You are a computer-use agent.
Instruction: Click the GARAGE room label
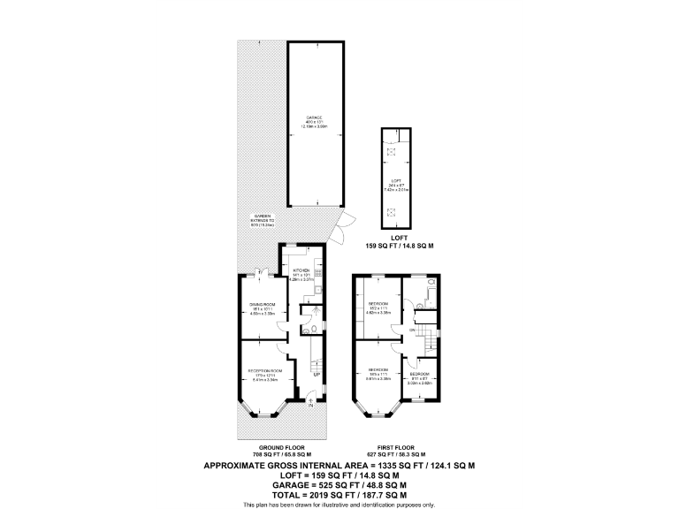point(315,117)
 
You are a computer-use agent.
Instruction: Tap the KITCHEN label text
point(301,270)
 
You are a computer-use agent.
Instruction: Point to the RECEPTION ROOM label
point(264,370)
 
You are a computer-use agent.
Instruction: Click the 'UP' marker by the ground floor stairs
point(316,375)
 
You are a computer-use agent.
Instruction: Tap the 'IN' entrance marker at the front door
point(309,406)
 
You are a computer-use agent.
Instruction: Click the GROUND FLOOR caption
point(278,447)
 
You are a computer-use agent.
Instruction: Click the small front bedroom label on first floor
point(418,374)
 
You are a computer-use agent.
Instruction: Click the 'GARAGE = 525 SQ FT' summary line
point(339,484)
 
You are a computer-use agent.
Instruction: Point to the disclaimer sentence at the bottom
point(339,505)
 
